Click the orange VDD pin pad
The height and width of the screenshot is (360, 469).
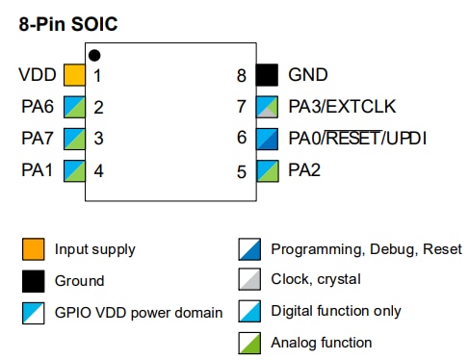[74, 74]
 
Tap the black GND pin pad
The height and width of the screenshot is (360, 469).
[267, 74]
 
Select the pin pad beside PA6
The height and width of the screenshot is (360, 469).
[74, 107]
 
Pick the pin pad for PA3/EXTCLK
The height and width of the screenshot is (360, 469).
[267, 107]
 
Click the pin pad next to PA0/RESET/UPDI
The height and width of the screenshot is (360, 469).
[267, 139]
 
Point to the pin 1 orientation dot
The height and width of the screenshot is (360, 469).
[93, 55]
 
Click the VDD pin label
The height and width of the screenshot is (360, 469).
[37, 74]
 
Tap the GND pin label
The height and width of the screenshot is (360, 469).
[308, 74]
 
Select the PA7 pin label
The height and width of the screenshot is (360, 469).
[38, 139]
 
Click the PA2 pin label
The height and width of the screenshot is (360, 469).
[304, 171]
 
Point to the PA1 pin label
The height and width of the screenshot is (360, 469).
[38, 171]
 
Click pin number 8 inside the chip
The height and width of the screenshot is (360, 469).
[242, 75]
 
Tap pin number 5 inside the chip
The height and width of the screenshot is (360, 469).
[242, 172]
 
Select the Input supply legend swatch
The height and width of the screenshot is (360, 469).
[33, 249]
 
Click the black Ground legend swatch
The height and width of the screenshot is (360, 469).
[33, 281]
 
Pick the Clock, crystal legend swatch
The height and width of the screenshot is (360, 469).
[248, 280]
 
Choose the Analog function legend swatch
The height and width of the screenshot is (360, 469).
[248, 342]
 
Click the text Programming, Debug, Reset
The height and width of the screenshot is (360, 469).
[366, 249]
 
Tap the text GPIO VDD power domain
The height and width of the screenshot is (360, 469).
[138, 312]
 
